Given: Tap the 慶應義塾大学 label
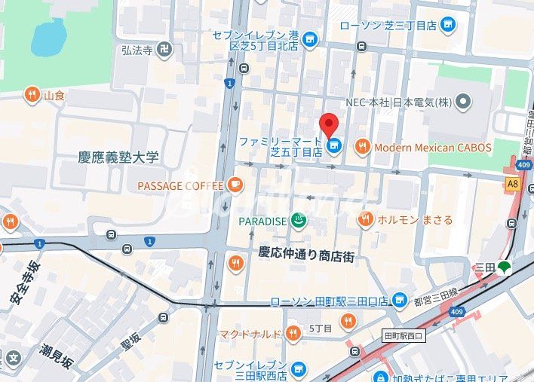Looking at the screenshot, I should [x=119, y=157].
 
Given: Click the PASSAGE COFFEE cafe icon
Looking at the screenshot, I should [x=235, y=185].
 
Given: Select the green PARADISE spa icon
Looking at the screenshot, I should [x=299, y=221].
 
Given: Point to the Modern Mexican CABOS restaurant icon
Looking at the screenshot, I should [x=363, y=148].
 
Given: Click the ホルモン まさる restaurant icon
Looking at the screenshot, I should [x=366, y=220].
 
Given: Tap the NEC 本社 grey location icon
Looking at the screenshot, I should [x=463, y=101].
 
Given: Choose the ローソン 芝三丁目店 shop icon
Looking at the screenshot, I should [x=448, y=25].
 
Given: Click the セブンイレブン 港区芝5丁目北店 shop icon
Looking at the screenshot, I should [x=310, y=40].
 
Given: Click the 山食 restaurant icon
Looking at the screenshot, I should [x=32, y=95].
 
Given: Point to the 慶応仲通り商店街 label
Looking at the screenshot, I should [x=305, y=255].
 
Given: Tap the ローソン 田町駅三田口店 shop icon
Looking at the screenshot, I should [x=400, y=301].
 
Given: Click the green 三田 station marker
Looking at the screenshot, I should [x=504, y=267].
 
